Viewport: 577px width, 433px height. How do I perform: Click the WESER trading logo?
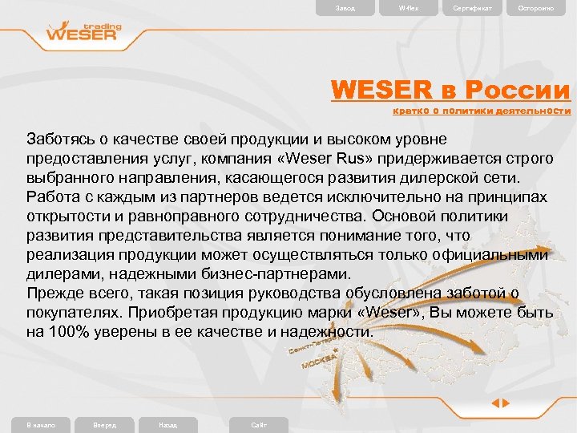[x=84, y=33]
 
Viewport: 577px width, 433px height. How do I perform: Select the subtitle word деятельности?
[x=533, y=111]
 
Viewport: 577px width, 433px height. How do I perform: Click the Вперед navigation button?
[x=105, y=424]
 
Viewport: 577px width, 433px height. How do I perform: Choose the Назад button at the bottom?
[x=168, y=424]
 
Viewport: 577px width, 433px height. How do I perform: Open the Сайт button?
[x=258, y=424]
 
